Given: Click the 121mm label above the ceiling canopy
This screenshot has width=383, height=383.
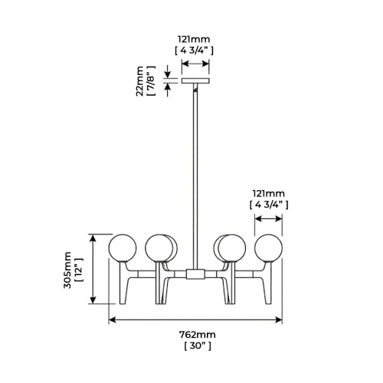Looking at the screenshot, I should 193,38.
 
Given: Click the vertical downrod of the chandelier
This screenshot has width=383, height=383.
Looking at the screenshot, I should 195,176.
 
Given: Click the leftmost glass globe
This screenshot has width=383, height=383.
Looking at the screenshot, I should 122,247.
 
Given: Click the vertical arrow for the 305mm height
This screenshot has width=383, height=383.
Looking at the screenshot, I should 93,270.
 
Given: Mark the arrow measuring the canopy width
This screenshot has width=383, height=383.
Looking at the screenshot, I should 195,64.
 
